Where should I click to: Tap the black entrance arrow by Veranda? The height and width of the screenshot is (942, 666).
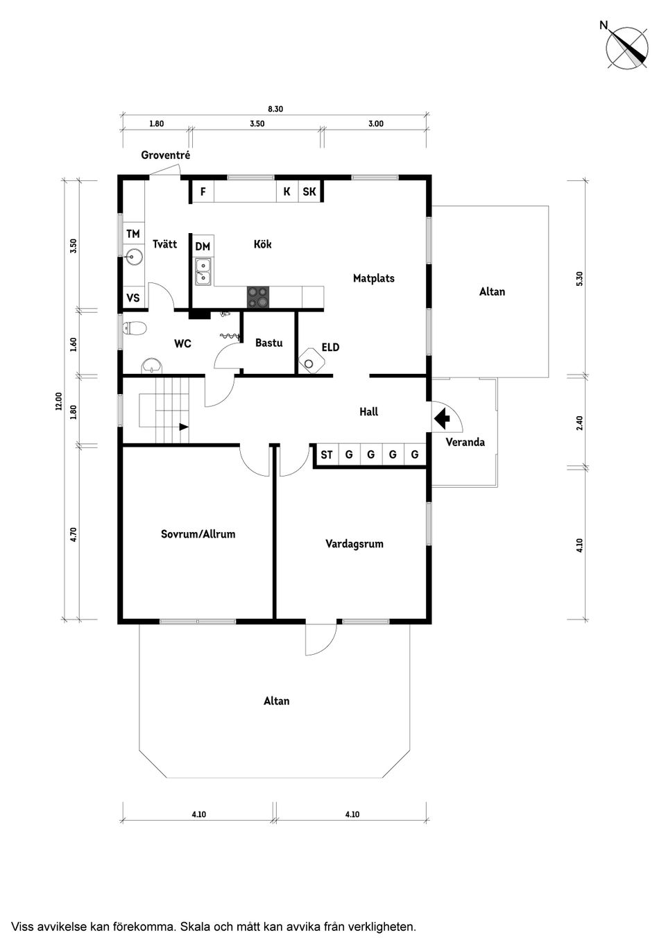coord(441,419)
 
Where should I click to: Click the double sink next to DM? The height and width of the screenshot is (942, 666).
coord(203,271)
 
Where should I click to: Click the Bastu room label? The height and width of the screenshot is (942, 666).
coord(268,343)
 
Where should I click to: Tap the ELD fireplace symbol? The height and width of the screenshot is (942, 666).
coord(309,362)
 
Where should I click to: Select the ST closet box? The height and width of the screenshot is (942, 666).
coord(326,455)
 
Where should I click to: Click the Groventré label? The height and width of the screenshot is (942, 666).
coord(165,155)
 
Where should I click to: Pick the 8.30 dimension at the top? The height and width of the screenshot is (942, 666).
coord(275,109)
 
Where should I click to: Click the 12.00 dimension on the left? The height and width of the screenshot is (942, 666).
coord(59,401)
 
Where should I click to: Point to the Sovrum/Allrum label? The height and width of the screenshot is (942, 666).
coord(198,534)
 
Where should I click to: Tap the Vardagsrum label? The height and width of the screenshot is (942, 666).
coord(354,544)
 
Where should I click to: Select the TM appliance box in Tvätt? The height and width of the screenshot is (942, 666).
coord(133,234)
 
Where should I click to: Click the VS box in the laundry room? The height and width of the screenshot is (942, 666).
coord(133,298)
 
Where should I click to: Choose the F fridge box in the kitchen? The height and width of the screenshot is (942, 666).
coord(203,191)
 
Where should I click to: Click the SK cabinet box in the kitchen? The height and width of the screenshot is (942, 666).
coord(309,191)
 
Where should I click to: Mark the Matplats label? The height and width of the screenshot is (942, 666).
coord(373,278)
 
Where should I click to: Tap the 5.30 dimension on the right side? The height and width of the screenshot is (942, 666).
coord(580,278)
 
